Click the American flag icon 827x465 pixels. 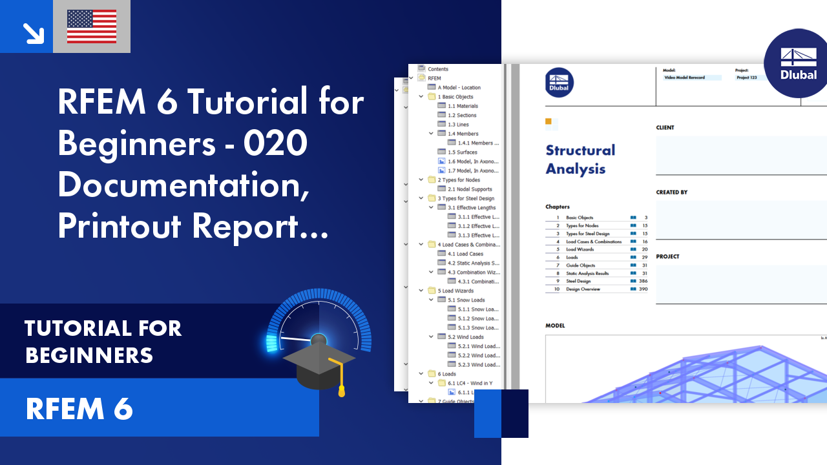[x=92, y=26]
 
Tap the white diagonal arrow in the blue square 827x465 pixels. [x=32, y=32]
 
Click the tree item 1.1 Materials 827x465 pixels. [x=463, y=106]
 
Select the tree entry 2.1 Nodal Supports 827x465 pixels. [x=470, y=189]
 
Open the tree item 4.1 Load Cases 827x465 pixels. [x=465, y=254]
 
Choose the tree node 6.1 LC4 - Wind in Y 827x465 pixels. [x=470, y=383]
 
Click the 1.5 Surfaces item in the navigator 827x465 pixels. [x=463, y=152]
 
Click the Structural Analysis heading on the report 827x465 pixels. [x=580, y=160]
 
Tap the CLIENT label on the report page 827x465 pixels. [x=665, y=128]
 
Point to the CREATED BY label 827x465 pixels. [x=672, y=192]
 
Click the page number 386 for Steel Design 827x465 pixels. [x=642, y=281]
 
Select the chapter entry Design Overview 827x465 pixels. [x=583, y=289]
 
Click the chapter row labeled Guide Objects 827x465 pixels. [x=580, y=265]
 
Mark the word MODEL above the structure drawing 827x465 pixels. [x=555, y=325]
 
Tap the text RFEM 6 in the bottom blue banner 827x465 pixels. [x=79, y=409]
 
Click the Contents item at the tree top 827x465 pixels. [x=437, y=69]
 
